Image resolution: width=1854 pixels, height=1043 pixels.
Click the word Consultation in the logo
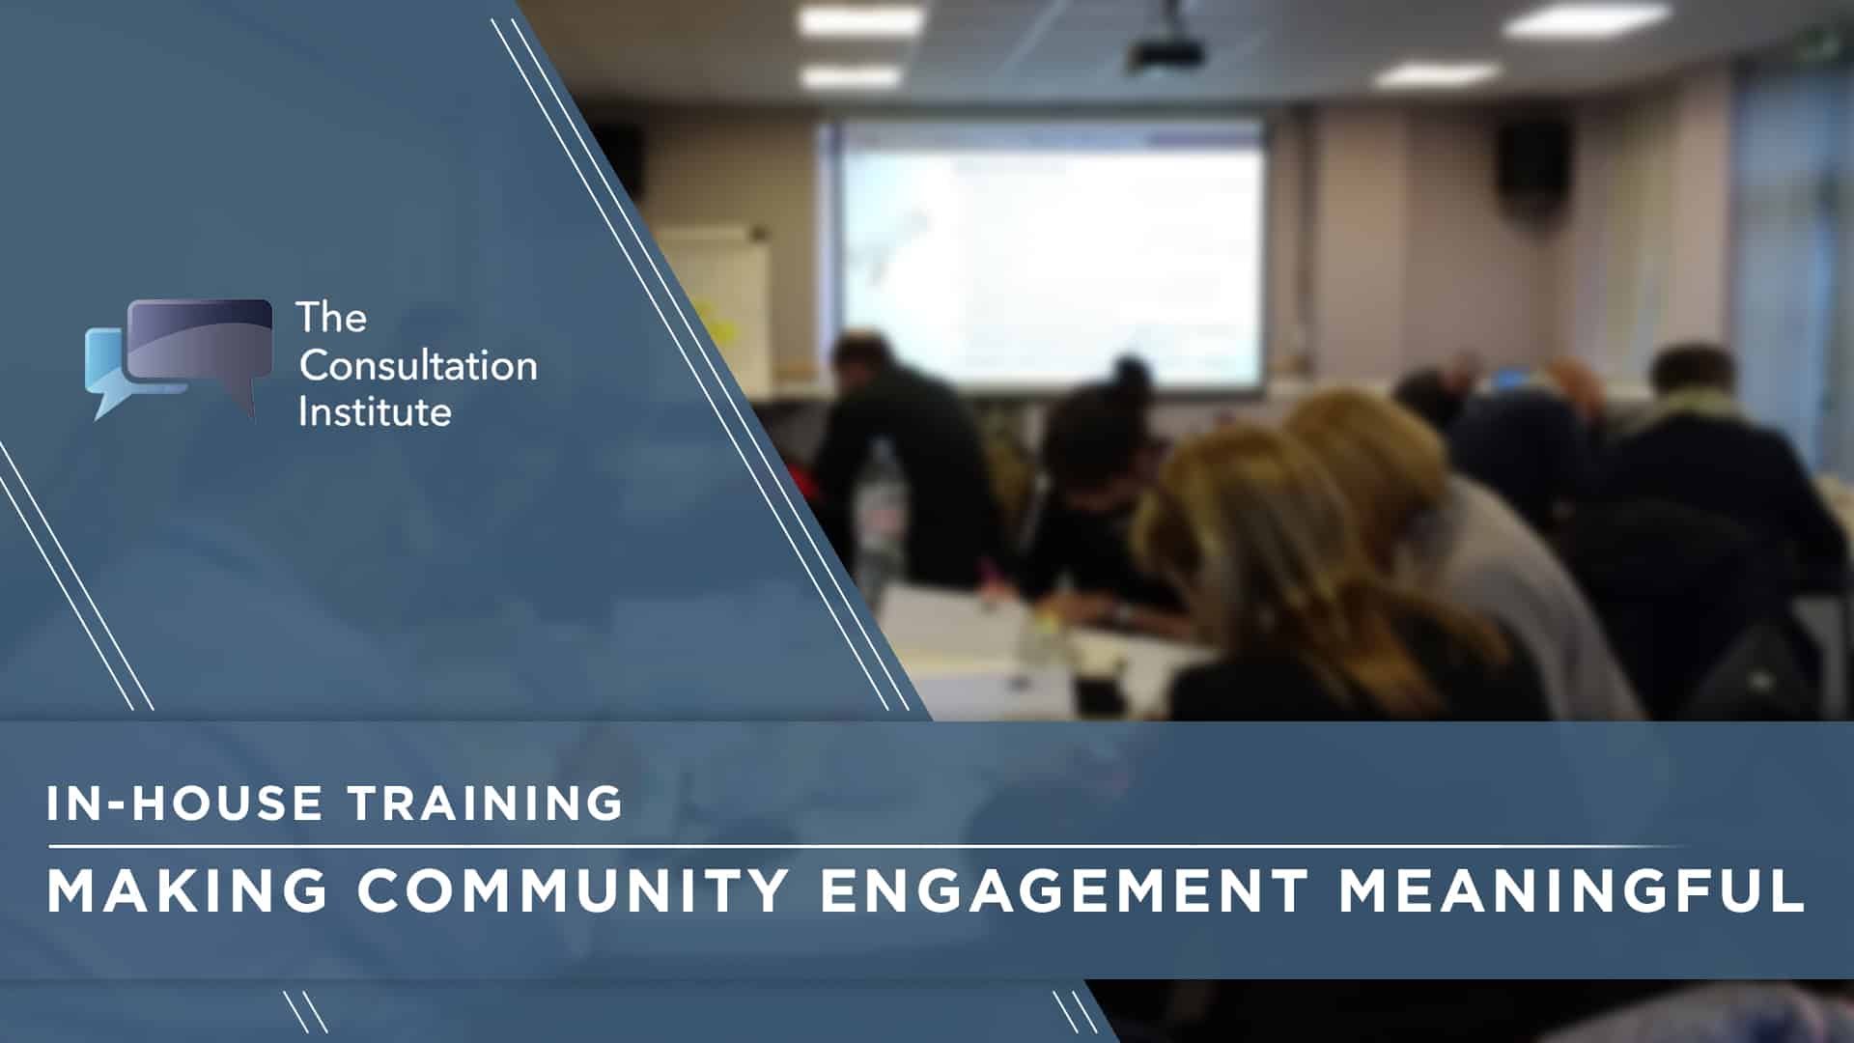click(417, 365)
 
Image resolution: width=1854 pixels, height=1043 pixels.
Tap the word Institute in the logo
click(375, 411)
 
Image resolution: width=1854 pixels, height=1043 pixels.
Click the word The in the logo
click(331, 317)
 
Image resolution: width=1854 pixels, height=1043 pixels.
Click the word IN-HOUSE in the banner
click(184, 803)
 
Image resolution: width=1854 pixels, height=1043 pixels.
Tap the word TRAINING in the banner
click(486, 803)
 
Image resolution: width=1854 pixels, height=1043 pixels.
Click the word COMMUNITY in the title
click(574, 890)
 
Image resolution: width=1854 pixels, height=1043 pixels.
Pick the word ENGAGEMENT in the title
click(1064, 890)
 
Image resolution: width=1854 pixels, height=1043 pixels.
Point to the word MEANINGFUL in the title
click(1571, 890)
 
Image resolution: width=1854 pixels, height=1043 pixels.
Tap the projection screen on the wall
click(1051, 253)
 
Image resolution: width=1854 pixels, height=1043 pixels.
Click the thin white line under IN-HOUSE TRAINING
click(869, 846)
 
